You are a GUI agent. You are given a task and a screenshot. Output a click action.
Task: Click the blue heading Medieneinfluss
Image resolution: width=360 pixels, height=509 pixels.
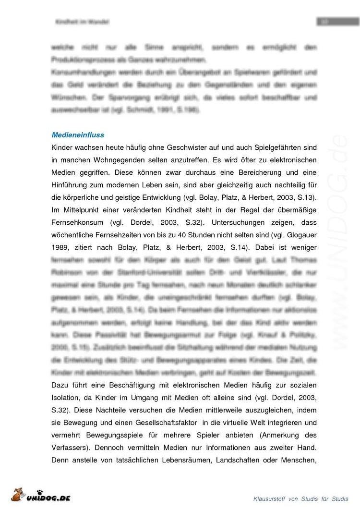pyautogui.click(x=78, y=135)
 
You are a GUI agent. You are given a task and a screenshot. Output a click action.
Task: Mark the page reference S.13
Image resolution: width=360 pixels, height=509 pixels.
pyautogui.click(x=306, y=197)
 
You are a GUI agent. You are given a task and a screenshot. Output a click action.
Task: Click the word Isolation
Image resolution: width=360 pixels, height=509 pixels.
pyautogui.click(x=66, y=398)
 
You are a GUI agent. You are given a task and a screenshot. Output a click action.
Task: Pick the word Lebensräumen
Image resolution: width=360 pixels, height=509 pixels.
pyautogui.click(x=184, y=460)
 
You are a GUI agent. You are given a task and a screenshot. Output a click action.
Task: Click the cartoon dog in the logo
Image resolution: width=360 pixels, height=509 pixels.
pyautogui.click(x=18, y=495)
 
